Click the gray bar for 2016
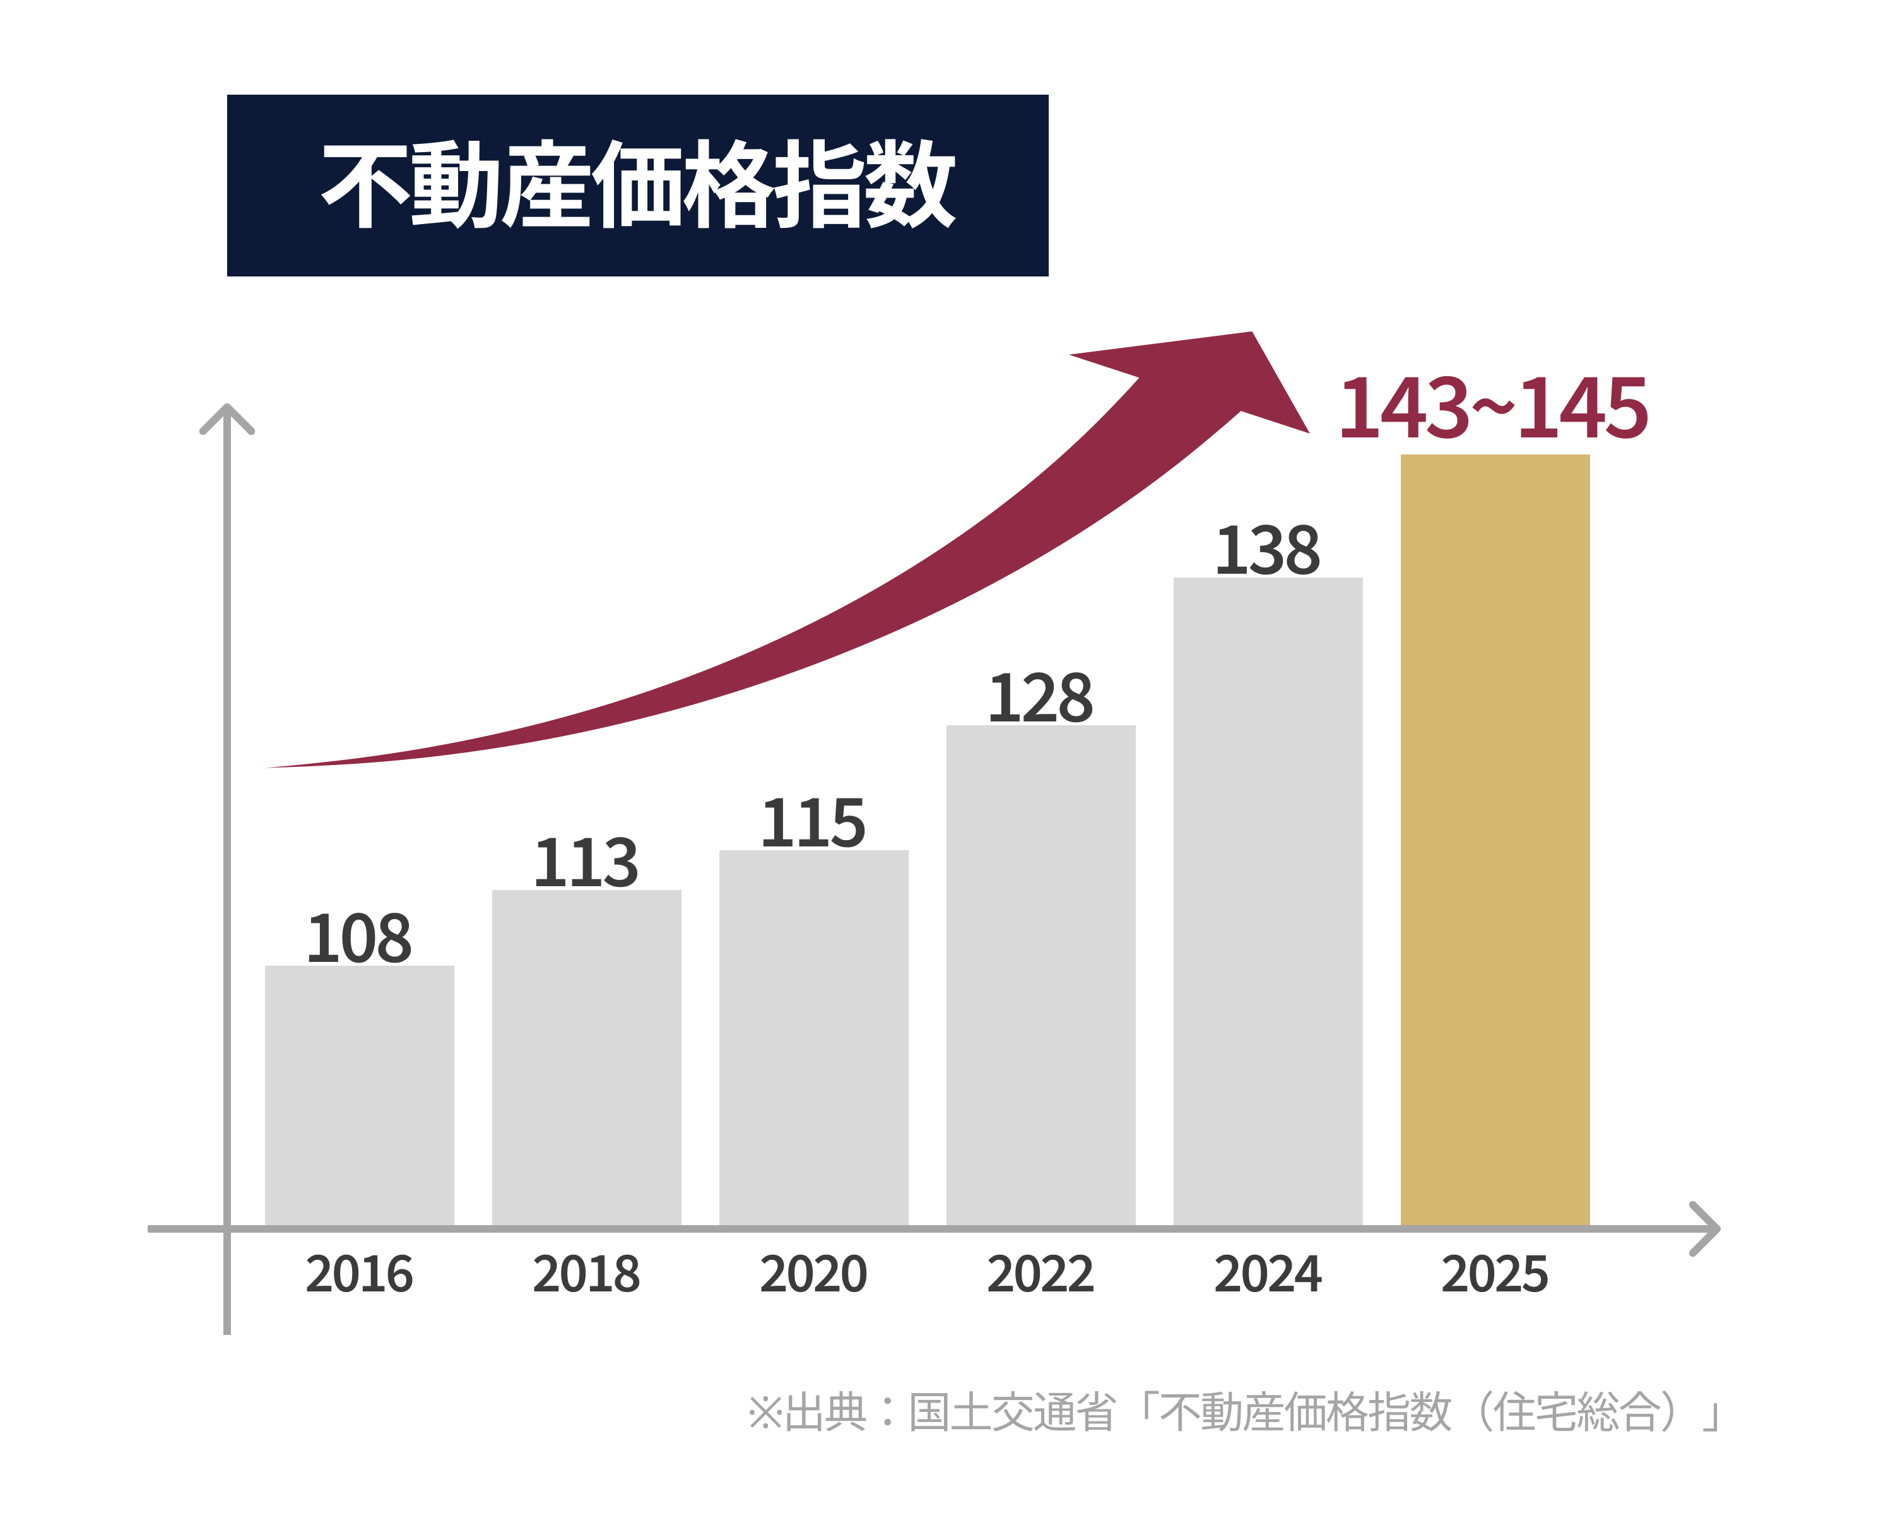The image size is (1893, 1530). [x=360, y=1096]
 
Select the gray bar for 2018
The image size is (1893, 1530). [x=587, y=1058]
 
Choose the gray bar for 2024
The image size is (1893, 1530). [x=1268, y=901]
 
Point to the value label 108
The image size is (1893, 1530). [x=360, y=939]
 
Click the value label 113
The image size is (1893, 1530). [x=587, y=863]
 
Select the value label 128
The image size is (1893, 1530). [x=1041, y=698]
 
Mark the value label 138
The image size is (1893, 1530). [x=1268, y=551]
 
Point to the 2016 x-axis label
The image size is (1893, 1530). [x=360, y=1274]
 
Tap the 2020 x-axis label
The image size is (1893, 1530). [x=814, y=1274]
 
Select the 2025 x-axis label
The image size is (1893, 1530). [x=1495, y=1274]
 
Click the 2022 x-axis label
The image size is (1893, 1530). [x=1041, y=1274]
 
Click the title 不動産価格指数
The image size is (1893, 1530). [x=638, y=185]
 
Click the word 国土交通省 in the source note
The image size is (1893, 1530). [x=1013, y=1412]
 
